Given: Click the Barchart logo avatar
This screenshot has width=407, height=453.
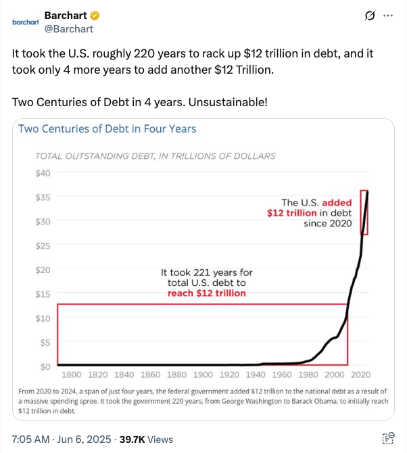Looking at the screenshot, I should [25, 22].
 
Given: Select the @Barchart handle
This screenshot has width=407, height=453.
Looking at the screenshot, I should [69, 28].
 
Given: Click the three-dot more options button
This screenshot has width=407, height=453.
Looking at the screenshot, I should [387, 16].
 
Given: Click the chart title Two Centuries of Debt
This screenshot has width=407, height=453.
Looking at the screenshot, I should [107, 128].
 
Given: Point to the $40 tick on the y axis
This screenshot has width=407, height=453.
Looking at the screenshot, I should [43, 172].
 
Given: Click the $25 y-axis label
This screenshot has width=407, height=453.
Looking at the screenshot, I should [43, 245].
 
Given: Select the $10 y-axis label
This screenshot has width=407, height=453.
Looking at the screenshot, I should [43, 318].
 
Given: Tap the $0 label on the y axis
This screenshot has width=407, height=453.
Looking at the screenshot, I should [45, 366].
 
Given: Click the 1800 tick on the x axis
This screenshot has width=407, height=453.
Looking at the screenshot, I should [72, 375].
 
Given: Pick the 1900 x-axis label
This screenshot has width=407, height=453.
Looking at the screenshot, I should [203, 375].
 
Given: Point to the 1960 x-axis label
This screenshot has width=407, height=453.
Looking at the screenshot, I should [281, 375].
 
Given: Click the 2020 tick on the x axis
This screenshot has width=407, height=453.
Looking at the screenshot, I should [360, 375].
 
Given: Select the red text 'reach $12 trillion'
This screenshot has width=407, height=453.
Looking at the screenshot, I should [206, 293].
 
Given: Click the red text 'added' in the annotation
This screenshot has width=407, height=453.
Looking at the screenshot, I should [337, 202].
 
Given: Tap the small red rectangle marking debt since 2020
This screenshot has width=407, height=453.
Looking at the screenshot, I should [364, 212].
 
